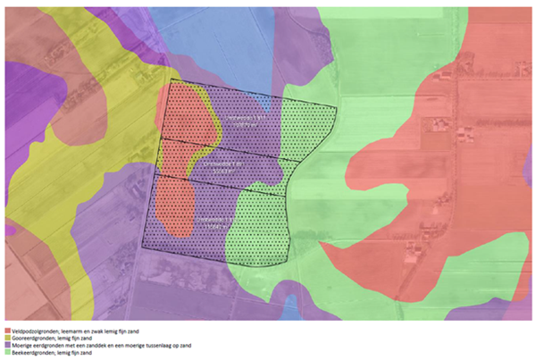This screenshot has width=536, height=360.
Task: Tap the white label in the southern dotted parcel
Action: point(213,222)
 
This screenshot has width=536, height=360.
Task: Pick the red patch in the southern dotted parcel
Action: point(174,205)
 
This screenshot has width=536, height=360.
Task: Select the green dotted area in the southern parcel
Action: point(255,228)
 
